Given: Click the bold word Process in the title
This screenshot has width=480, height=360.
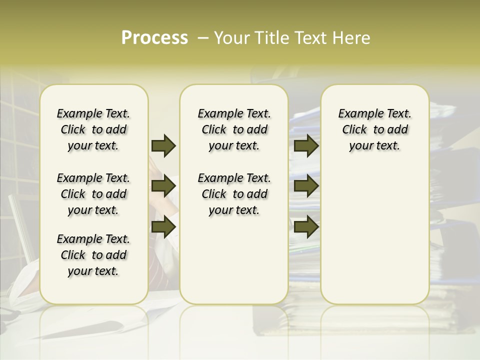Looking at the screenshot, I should click(154, 38).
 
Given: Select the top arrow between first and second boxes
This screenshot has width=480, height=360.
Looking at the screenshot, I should click(163, 146).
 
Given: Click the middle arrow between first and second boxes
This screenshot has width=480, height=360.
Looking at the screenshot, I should click(163, 186).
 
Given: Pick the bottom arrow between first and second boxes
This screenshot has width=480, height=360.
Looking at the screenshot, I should click(163, 227).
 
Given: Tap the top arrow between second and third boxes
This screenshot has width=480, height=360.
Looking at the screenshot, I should click(306, 146).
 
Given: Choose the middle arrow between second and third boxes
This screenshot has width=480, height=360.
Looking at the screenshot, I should click(306, 186).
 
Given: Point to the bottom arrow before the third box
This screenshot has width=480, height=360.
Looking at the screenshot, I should click(306, 227).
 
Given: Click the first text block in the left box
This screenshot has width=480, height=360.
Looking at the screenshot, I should click(93, 129).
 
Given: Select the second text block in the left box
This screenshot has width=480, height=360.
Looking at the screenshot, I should click(93, 194).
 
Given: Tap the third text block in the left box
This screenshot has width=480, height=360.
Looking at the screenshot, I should click(93, 255).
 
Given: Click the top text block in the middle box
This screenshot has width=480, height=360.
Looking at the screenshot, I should click(234, 129).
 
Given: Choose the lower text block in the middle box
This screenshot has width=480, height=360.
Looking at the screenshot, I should click(234, 194).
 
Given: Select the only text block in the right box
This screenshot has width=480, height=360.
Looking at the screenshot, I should click(374, 129).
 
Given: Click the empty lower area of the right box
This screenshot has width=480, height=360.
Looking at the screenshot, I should click(374, 235).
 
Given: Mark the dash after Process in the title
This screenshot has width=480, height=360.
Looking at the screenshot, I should click(202, 38).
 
